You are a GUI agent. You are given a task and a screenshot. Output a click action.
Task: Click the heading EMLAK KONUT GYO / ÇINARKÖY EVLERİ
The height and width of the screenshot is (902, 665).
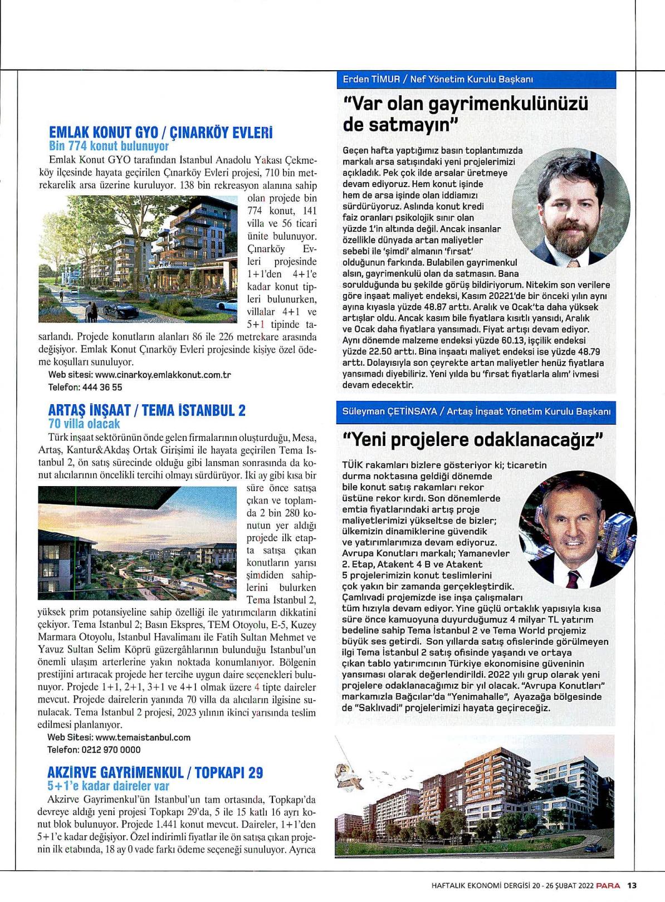pos(161,134)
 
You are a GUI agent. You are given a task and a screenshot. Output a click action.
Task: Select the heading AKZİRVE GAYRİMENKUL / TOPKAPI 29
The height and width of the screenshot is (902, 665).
pos(155,773)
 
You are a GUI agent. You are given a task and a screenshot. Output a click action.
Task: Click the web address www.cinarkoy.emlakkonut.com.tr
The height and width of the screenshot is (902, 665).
pos(163,375)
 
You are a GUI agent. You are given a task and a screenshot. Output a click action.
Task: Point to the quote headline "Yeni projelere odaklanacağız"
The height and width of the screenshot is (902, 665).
pos(473,440)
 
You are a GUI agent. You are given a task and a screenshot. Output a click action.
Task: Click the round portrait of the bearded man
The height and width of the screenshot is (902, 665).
pos(571,203)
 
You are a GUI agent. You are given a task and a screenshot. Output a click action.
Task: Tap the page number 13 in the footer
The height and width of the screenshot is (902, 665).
pos(632,886)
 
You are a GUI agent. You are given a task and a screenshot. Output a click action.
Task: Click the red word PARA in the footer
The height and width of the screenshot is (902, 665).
pos(608,886)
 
